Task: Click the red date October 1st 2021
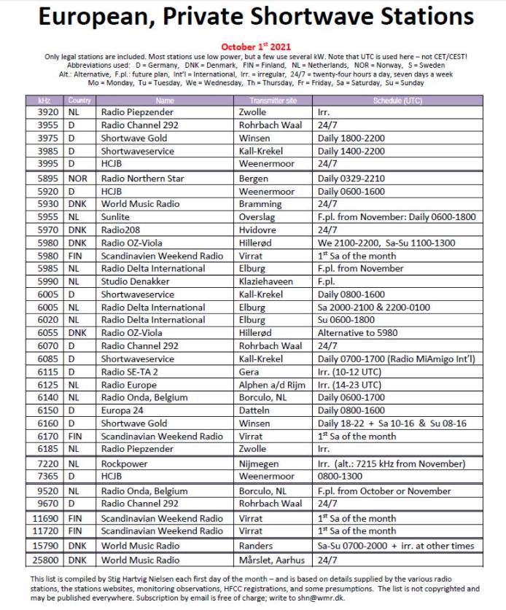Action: pos(253,46)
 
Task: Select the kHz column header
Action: pos(48,100)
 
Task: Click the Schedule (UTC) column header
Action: pos(397,100)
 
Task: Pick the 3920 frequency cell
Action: pos(48,113)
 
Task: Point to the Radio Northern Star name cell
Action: pos(143,179)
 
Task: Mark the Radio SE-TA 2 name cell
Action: pos(130,372)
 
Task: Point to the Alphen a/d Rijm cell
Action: pos(273,385)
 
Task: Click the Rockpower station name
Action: pos(125,464)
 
